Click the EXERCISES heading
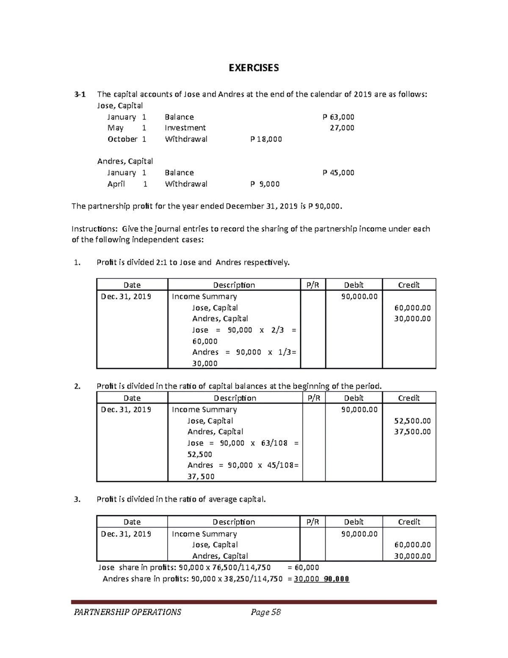point(254,68)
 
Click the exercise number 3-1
point(79,94)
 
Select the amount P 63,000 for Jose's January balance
point(338,117)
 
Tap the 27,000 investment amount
point(342,128)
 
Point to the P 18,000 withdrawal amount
point(266,139)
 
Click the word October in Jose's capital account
point(122,139)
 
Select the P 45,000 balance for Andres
point(338,172)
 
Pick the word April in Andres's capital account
point(116,184)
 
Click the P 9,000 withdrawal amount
point(265,184)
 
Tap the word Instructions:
point(94,229)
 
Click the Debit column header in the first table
point(353,285)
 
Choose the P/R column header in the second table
point(314,398)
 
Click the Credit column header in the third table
point(409,522)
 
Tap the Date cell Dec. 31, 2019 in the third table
point(126,534)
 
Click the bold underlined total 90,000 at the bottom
point(337,579)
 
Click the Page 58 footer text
point(266,612)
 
